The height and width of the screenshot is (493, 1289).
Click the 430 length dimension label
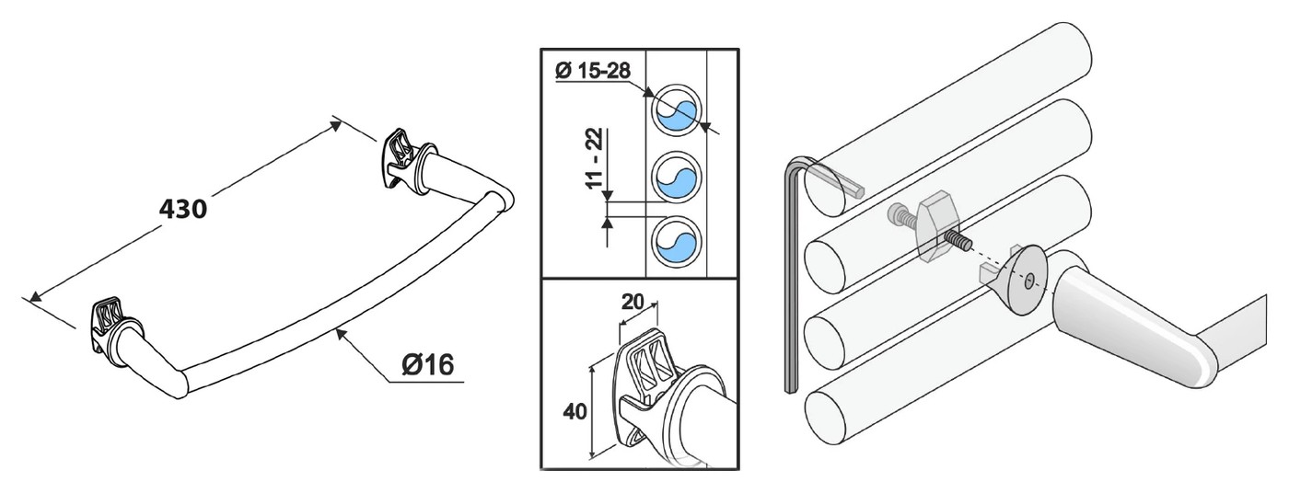[183, 210]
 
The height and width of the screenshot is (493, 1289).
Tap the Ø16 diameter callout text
[427, 364]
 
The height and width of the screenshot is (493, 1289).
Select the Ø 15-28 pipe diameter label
[593, 71]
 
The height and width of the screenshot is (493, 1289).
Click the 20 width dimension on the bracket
[633, 301]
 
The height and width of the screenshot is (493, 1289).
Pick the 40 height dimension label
[575, 411]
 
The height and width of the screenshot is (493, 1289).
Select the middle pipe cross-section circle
[676, 177]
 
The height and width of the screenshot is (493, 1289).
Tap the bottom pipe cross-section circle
[676, 241]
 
